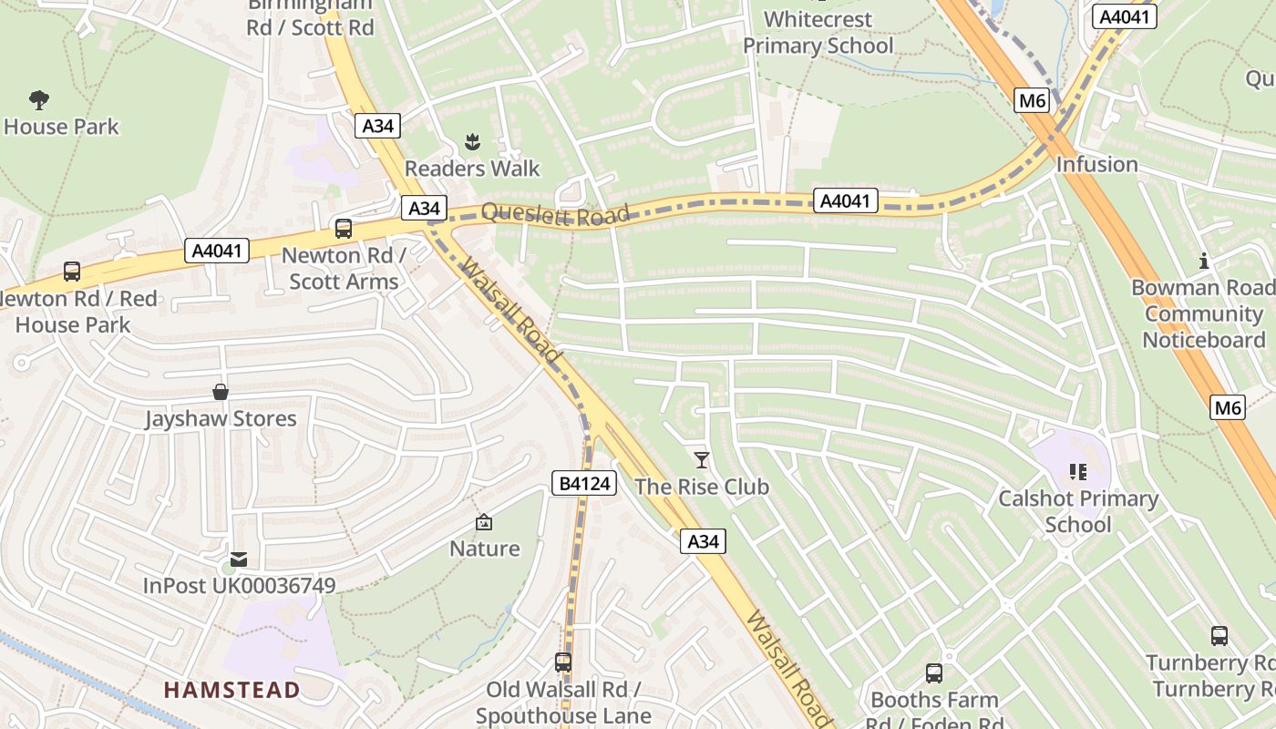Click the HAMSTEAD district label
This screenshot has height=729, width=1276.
[x=232, y=690]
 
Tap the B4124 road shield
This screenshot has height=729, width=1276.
[x=583, y=483]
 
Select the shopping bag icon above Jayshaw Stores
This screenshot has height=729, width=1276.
[x=221, y=392]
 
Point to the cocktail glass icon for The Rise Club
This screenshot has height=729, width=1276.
[x=702, y=460]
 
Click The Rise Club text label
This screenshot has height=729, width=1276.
[x=702, y=487]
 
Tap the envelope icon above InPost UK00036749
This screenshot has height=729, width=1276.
[x=239, y=560]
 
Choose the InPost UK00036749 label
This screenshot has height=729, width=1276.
[x=239, y=586]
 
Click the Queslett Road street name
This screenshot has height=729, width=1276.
[x=555, y=215]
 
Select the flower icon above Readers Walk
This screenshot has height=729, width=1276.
[x=472, y=142]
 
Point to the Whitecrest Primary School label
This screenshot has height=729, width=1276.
[x=818, y=33]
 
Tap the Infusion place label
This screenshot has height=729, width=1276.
[x=1096, y=165]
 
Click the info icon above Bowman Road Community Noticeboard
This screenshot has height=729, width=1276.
[x=1204, y=262]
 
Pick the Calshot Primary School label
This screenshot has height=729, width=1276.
[x=1078, y=511]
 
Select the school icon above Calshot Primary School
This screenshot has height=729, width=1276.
[x=1078, y=472]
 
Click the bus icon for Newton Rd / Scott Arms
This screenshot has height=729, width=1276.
[x=344, y=229]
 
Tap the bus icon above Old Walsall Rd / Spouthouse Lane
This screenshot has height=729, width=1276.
[x=563, y=662]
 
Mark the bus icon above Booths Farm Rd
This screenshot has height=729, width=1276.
[x=934, y=673]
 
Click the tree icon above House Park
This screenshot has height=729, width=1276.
[x=39, y=99]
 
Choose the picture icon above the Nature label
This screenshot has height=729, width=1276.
[x=484, y=522]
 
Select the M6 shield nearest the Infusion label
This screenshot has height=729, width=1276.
[x=1032, y=100]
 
